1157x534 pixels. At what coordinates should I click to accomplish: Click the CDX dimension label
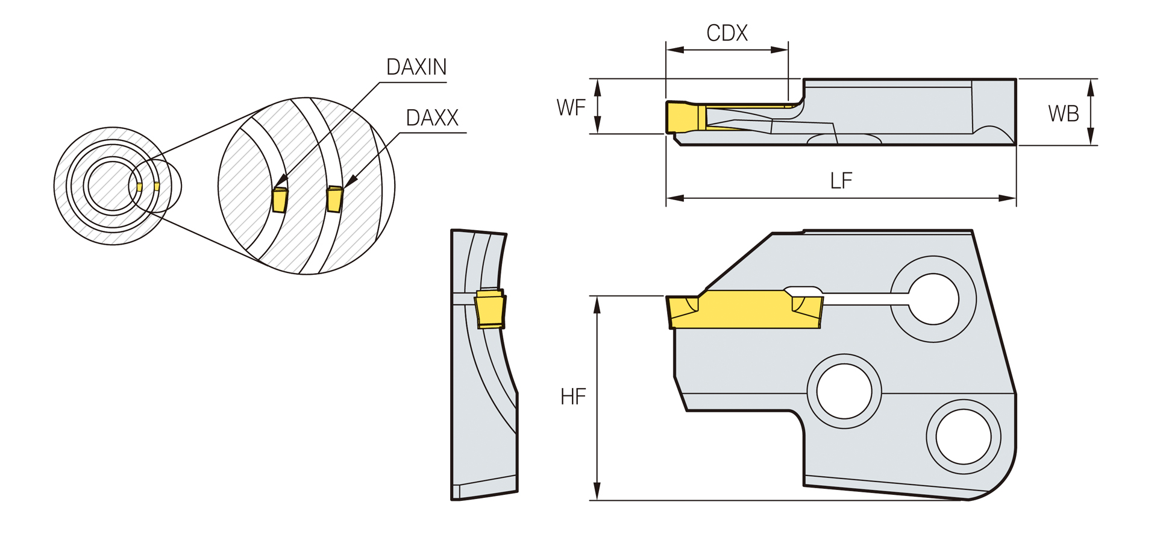[727, 33]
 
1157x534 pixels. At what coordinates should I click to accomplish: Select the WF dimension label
[571, 108]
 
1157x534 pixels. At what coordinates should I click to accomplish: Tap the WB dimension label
[1063, 113]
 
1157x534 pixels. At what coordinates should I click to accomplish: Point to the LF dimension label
[841, 180]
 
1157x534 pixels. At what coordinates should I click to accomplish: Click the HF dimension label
[573, 397]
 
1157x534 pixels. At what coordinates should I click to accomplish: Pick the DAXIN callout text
[416, 67]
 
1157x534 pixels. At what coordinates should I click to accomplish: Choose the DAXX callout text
[432, 118]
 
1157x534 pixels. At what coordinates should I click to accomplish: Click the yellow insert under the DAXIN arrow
[280, 199]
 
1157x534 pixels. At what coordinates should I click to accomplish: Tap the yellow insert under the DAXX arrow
[334, 199]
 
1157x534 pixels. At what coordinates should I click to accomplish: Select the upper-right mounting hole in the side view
[933, 300]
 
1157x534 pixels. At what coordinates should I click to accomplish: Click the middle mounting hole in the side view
[844, 391]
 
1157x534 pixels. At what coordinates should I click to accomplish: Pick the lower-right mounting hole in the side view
[964, 437]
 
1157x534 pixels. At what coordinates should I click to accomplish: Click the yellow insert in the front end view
[490, 309]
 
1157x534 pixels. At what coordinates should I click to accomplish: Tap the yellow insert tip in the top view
[682, 117]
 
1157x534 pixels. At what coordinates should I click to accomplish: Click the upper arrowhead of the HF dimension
[597, 304]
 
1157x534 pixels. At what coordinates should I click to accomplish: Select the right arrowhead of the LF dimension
[1008, 198]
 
